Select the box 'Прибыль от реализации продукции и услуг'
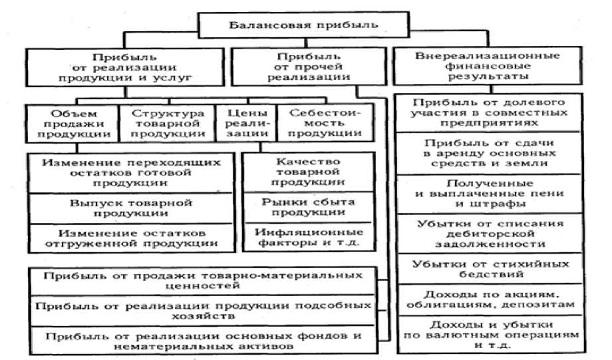124,68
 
